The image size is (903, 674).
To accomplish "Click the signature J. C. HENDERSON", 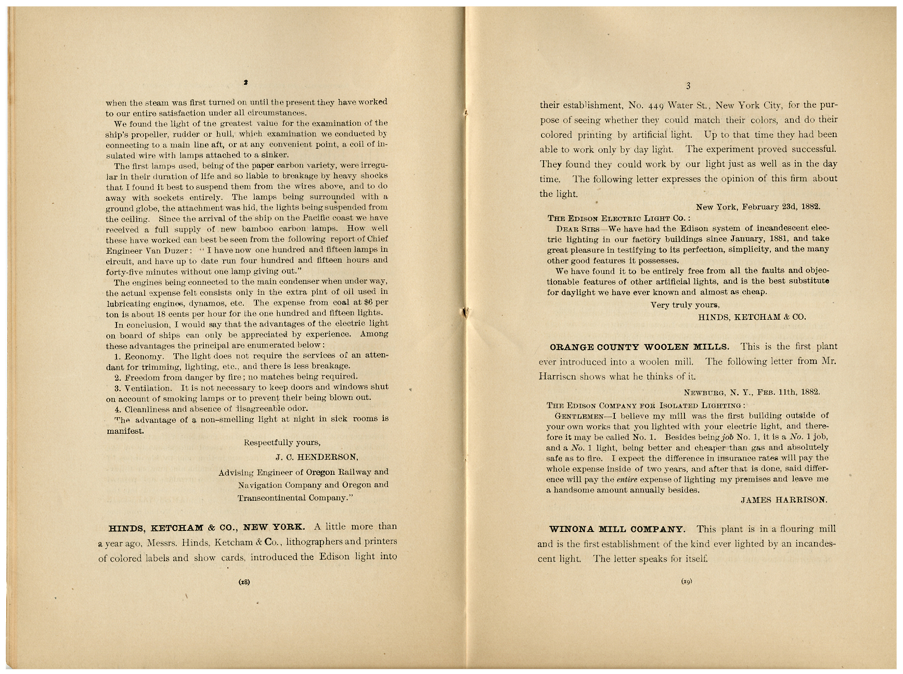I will [317, 457].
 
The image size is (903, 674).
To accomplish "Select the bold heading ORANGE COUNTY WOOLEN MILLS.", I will [639, 346].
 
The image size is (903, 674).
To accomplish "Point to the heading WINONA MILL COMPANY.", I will [617, 529].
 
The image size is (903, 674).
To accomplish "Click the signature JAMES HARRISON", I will [784, 500].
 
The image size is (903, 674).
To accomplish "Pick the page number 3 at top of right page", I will [688, 86].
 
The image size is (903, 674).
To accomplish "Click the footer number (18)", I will [244, 582].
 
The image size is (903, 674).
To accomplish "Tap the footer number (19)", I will [686, 582].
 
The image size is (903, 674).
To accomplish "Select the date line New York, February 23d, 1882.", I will [758, 206].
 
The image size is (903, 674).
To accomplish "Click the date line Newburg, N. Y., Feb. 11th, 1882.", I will [752, 393].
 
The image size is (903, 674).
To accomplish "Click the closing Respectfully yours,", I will [282, 443].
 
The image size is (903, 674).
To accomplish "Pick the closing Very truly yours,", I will [685, 305].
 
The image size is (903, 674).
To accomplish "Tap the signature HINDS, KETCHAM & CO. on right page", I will [752, 316].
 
